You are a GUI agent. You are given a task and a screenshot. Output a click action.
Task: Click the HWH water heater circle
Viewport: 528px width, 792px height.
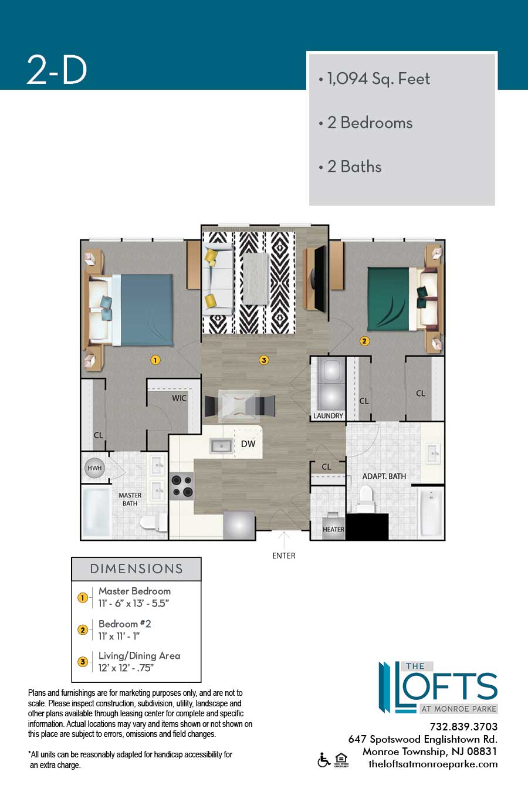[x=94, y=468]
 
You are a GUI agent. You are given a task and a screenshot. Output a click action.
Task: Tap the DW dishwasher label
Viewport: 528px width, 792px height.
[x=248, y=444]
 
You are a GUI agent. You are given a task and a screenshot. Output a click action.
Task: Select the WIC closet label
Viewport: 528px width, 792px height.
[x=179, y=398]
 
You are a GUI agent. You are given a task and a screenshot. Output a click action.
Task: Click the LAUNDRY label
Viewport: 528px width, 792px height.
[x=328, y=416]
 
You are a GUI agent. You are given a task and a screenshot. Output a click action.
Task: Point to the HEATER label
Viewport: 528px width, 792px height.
[x=333, y=529]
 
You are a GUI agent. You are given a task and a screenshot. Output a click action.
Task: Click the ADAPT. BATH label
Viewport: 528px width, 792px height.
[x=384, y=476]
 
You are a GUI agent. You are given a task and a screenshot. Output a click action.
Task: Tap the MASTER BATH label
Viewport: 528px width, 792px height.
[x=130, y=499]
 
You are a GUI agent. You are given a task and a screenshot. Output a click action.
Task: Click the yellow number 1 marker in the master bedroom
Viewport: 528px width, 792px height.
[x=155, y=360]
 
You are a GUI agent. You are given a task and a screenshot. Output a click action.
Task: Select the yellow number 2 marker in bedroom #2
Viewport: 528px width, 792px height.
[x=364, y=341]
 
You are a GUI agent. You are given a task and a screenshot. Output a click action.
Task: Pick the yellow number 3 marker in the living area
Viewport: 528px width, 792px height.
[x=264, y=360]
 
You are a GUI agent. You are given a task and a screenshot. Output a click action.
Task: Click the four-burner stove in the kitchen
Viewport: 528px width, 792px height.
[x=182, y=486]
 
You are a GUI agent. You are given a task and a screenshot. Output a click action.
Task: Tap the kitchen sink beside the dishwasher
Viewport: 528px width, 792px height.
[x=221, y=446]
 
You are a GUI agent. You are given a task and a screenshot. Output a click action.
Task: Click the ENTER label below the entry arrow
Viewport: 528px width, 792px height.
[x=283, y=556]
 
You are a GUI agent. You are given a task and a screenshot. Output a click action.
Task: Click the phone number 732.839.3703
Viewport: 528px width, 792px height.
[x=463, y=727]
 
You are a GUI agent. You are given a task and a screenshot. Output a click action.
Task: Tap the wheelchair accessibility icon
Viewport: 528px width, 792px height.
[x=323, y=760]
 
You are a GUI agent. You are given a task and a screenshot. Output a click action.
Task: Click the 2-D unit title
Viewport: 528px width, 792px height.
[x=57, y=70]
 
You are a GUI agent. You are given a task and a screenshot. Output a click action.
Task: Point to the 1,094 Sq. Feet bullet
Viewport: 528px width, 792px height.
[x=374, y=79]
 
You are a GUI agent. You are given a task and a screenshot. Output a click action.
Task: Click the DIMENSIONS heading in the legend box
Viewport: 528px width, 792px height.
[x=136, y=569]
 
